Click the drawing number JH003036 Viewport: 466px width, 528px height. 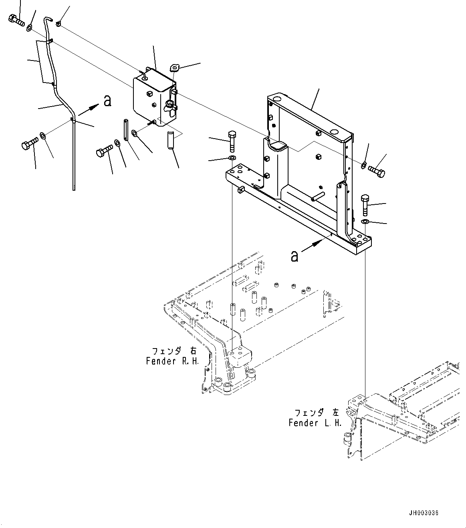(x=424, y=512)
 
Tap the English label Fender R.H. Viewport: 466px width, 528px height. (x=172, y=361)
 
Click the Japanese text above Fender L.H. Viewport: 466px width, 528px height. (x=317, y=413)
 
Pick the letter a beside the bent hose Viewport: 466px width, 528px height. (x=107, y=101)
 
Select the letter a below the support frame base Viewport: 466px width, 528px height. (x=295, y=256)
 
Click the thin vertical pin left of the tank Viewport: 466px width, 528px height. (x=125, y=129)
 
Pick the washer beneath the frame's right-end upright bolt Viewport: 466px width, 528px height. (x=365, y=222)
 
